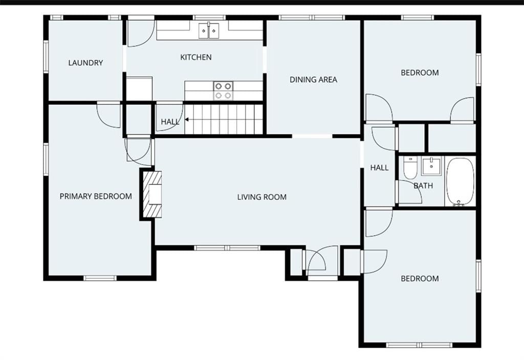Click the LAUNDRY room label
pos(85,63)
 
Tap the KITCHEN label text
pos(196,57)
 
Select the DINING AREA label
pos(314,79)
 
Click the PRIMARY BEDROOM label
pos(96,196)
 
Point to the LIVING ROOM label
pos(262,197)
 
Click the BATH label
pos(423,186)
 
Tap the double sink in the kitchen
pos(209,31)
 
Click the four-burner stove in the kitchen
pos(223,91)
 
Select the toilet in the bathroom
pos(410,168)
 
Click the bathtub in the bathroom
pos(460,182)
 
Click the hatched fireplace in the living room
pos(152,194)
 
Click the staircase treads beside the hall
pos(224,119)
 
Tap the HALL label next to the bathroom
pos(379,168)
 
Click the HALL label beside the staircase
pos(170,122)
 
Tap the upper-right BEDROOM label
pos(420,73)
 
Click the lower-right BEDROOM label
pos(420,279)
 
